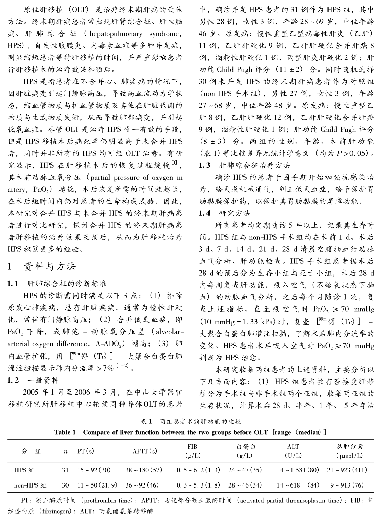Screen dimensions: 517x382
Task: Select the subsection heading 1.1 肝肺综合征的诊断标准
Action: pos(57,284)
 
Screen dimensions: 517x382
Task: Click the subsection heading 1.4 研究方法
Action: pos(225,213)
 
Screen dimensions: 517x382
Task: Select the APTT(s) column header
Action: pos(145,451)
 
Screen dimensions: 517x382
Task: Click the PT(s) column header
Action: pos(86,451)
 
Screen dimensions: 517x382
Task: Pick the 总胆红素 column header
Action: pos(350,447)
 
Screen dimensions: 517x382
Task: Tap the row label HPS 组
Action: pos(24,470)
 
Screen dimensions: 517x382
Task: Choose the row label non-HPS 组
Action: pos(30,485)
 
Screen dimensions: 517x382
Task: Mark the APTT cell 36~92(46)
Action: pos(142,485)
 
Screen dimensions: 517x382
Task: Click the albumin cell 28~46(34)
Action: pos(245,485)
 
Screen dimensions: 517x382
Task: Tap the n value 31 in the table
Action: pos(65,470)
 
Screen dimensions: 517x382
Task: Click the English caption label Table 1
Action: pos(65,432)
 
